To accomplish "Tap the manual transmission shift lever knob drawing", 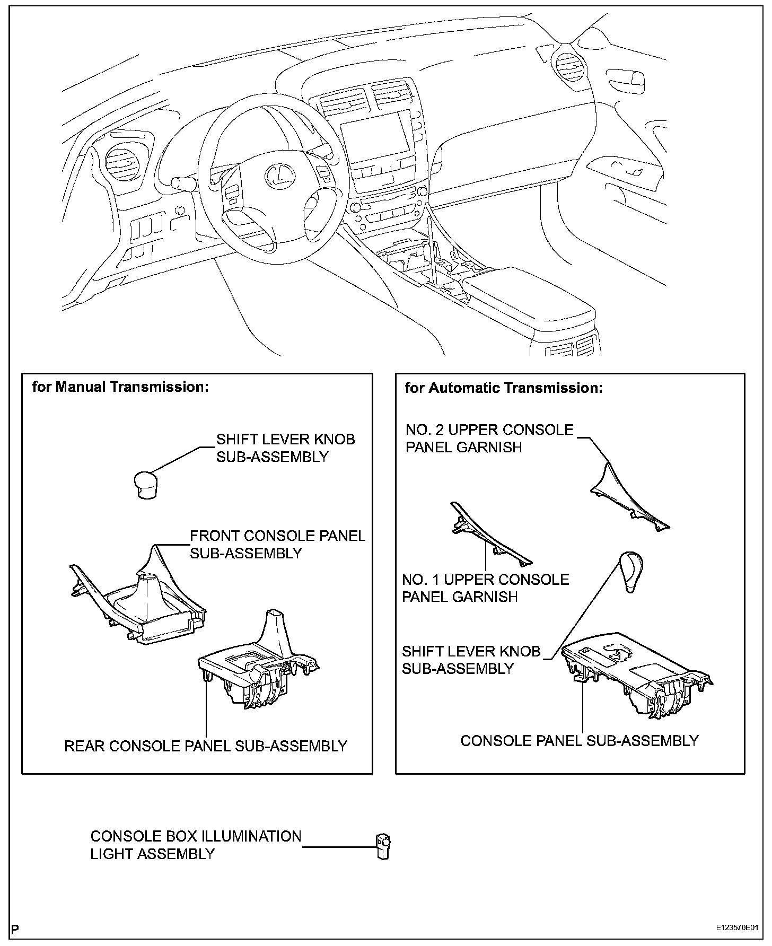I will pyautogui.click(x=143, y=484).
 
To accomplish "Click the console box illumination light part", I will pyautogui.click(x=383, y=846).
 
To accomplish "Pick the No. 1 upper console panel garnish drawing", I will pyautogui.click(x=488, y=536).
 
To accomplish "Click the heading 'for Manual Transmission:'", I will pyautogui.click(x=120, y=387).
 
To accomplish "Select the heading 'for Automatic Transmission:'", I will pyautogui.click(x=504, y=388).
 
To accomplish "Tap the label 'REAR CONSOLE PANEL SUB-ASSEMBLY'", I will pyautogui.click(x=206, y=746).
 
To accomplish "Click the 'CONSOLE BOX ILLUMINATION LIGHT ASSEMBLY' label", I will pyautogui.click(x=196, y=845).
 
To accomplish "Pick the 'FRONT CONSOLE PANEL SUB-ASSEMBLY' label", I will pyautogui.click(x=277, y=544).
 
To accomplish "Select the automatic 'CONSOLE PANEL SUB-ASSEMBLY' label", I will pyautogui.click(x=579, y=740).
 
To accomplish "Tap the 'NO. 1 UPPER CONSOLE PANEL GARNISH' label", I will pyautogui.click(x=485, y=588).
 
